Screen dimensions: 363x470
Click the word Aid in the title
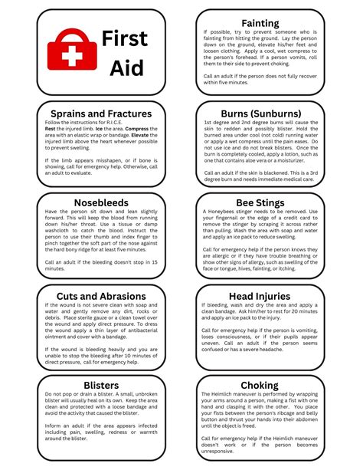pyautogui.click(x=126, y=68)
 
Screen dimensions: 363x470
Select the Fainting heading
pyautogui.click(x=260, y=23)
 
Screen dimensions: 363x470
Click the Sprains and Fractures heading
pyautogui.click(x=103, y=113)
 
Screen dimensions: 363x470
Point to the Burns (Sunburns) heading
pyautogui.click(x=260, y=113)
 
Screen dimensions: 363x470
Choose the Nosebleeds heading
pyautogui.click(x=103, y=202)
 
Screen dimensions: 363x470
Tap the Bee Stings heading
pyautogui.click(x=260, y=202)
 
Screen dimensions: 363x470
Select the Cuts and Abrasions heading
pyautogui.click(x=102, y=296)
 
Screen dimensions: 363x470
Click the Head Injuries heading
pyautogui.click(x=260, y=296)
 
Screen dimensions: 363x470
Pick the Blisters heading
pyautogui.click(x=102, y=385)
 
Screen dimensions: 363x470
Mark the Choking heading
pyautogui.click(x=260, y=385)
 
